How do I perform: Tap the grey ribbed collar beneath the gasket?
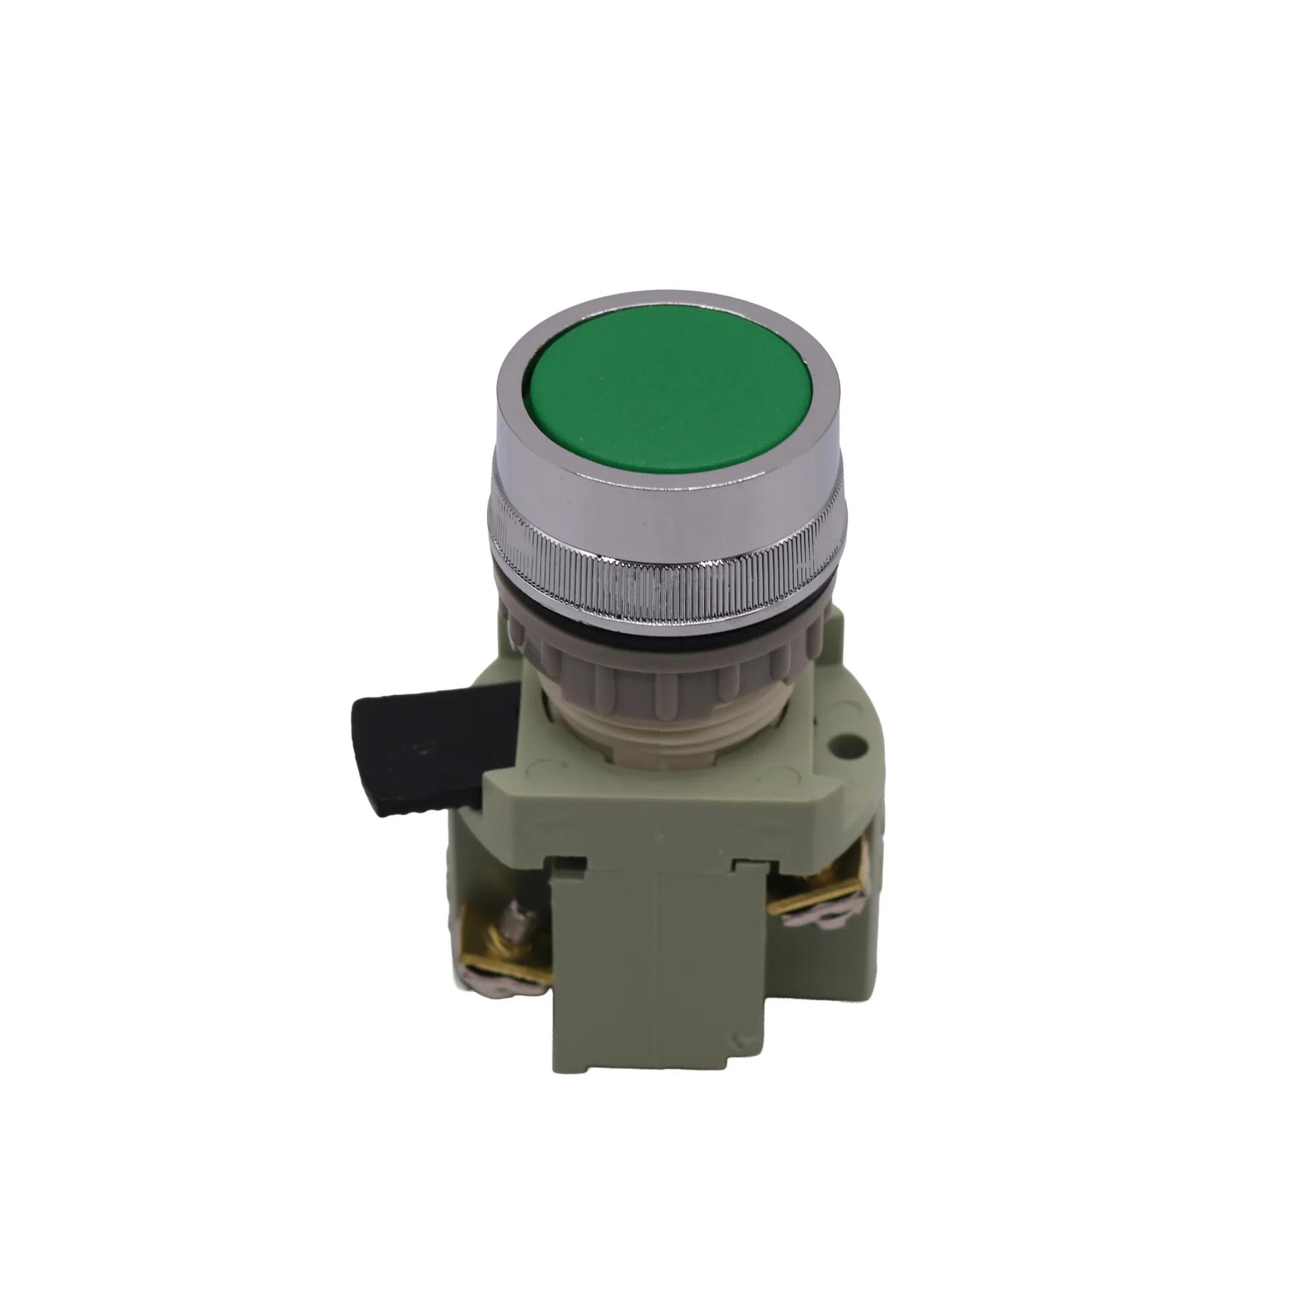click(666, 659)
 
